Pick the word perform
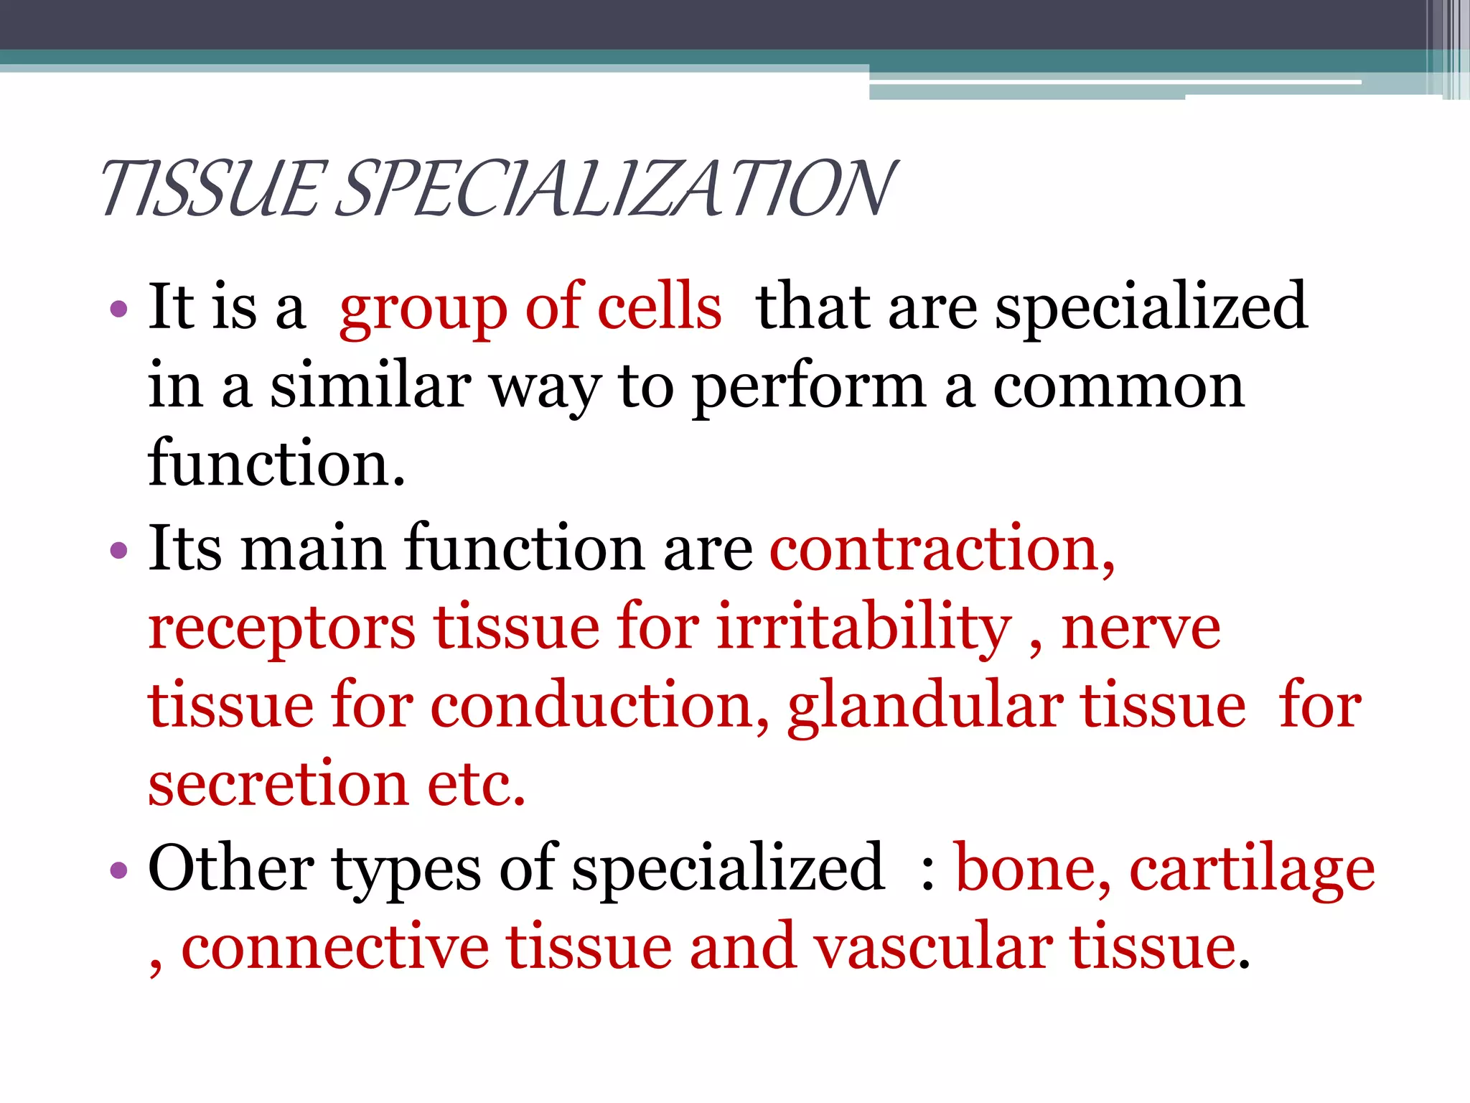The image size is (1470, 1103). tap(809, 388)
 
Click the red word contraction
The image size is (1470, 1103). tap(941, 549)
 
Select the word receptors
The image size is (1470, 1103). tap(281, 628)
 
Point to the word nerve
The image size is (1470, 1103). tap(1141, 628)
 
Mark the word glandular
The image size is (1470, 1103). tap(925, 707)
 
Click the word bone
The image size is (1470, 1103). tap(1032, 869)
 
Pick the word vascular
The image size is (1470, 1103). tap(934, 948)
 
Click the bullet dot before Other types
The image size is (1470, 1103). tap(118, 871)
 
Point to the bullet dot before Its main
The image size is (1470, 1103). tap(118, 551)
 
